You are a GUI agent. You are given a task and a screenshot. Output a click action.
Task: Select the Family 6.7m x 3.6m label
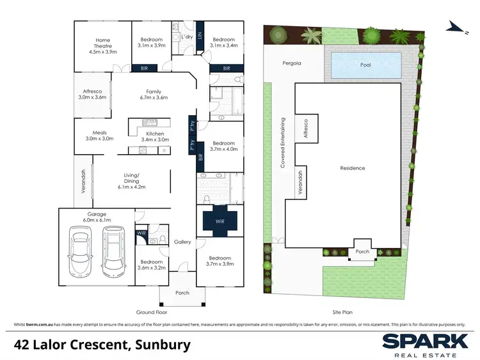(x=153, y=95)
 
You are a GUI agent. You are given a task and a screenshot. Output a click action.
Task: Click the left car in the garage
(x=83, y=253)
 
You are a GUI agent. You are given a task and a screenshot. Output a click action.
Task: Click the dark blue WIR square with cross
(x=220, y=221)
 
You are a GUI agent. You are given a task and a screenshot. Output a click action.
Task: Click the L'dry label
(x=187, y=37)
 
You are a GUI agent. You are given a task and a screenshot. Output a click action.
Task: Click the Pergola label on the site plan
(x=291, y=64)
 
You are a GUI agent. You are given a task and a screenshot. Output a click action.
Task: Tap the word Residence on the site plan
(x=352, y=168)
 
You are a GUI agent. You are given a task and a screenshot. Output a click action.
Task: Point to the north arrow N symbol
(x=454, y=26)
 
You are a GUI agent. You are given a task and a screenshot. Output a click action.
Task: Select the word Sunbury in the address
(x=163, y=345)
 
